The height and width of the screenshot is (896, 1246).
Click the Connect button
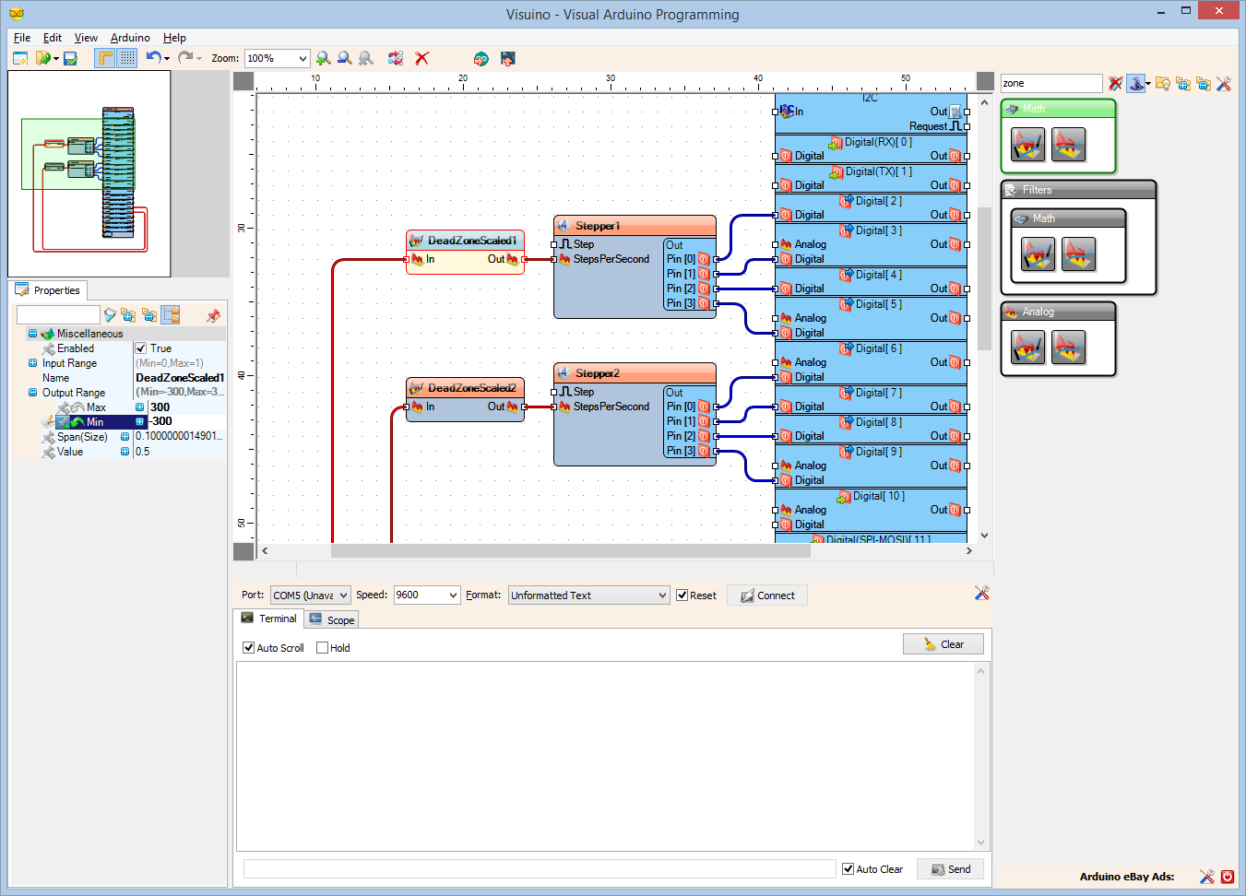[x=767, y=595]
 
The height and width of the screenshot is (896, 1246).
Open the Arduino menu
[x=130, y=38]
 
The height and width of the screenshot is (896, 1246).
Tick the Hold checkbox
[x=322, y=648]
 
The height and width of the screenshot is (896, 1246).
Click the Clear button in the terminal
[x=943, y=644]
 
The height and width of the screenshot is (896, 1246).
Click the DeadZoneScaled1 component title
[x=471, y=241]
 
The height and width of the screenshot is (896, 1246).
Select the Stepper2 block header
[x=598, y=373]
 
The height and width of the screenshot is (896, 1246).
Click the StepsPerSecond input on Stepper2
[x=611, y=407]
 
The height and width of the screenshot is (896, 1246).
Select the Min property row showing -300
[x=95, y=422]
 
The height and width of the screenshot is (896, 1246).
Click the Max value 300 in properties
[x=160, y=407]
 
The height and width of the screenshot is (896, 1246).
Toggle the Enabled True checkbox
[x=141, y=348]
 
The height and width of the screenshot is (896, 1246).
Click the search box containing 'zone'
[x=1050, y=83]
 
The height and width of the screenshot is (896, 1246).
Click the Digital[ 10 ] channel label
[x=878, y=496]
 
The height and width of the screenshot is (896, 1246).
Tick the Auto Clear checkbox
[x=848, y=868]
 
